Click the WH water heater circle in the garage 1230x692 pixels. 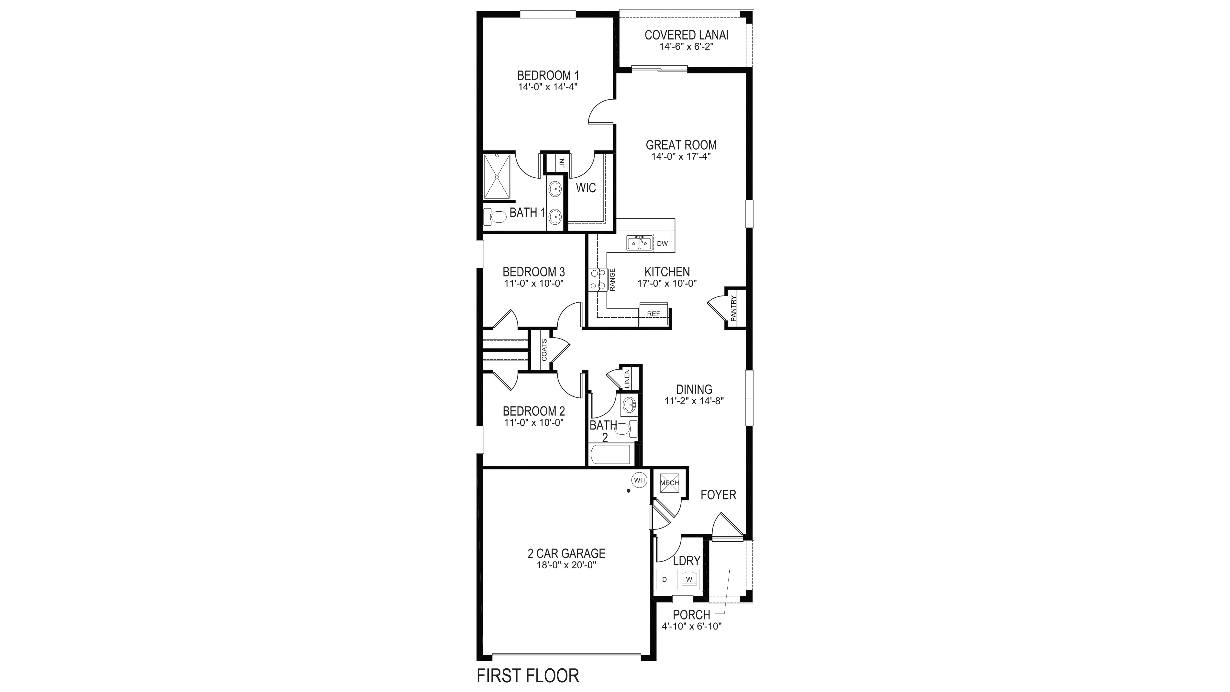[x=639, y=480]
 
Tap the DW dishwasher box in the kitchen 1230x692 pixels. [x=662, y=244]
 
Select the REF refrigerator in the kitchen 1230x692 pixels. [x=654, y=314]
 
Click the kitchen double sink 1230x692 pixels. [x=639, y=244]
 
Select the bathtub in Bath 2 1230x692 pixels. [x=611, y=455]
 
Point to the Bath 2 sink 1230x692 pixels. [x=629, y=406]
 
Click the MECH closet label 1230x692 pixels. [x=669, y=483]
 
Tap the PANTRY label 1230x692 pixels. [x=733, y=308]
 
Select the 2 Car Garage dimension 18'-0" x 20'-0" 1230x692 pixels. [x=566, y=565]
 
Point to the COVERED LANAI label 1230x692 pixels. [x=687, y=35]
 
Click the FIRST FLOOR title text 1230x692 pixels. [x=528, y=676]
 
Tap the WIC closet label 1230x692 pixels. [x=586, y=188]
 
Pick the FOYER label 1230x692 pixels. [x=718, y=495]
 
